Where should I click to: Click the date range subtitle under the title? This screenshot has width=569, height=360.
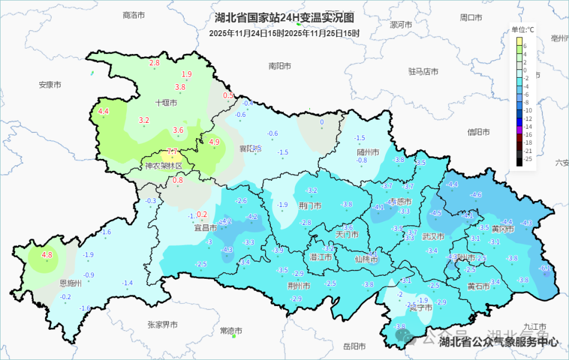284,33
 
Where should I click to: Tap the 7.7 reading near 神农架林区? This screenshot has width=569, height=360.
172,151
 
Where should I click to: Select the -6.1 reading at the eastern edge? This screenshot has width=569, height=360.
545,268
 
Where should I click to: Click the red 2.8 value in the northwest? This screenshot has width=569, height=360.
155,63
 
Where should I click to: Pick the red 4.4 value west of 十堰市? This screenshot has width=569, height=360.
104,111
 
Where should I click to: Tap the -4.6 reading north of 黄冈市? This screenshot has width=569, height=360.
476,195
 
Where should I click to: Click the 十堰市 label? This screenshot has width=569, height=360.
166,103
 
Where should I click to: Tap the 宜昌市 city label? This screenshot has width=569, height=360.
206,227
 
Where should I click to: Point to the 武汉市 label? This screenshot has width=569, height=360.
433,236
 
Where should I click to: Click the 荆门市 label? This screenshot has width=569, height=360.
311,206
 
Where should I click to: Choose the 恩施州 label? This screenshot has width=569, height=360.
71,283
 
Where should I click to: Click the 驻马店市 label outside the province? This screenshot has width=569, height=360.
423,71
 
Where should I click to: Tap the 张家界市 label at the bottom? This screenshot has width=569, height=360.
162,324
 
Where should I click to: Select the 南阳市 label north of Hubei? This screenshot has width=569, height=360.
279,66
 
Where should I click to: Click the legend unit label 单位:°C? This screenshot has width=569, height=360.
523,29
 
